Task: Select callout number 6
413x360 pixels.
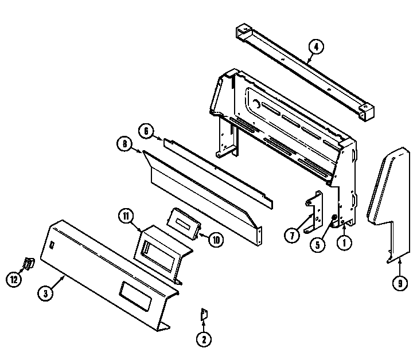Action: [x=146, y=131]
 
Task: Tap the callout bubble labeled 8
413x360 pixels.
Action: [x=124, y=146]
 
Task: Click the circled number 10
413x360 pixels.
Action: [x=216, y=240]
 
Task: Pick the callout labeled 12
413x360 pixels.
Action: [x=13, y=279]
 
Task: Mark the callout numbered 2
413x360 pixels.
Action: [x=203, y=339]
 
